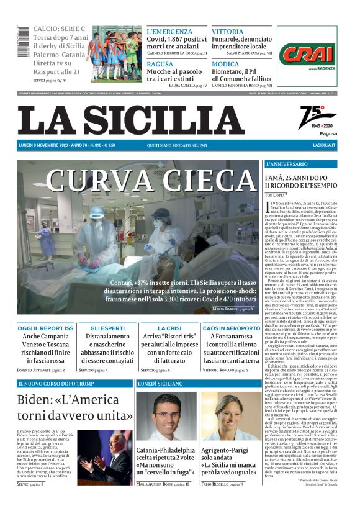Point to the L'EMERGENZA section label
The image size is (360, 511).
tap(169, 31)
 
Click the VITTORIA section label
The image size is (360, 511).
tap(227, 31)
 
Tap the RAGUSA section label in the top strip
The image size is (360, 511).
tap(160, 65)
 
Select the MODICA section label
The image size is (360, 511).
tap(225, 65)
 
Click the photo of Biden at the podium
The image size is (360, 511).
tap(105, 457)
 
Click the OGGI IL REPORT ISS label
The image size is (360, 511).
tap(46, 328)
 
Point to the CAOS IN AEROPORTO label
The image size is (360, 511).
tap(232, 328)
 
